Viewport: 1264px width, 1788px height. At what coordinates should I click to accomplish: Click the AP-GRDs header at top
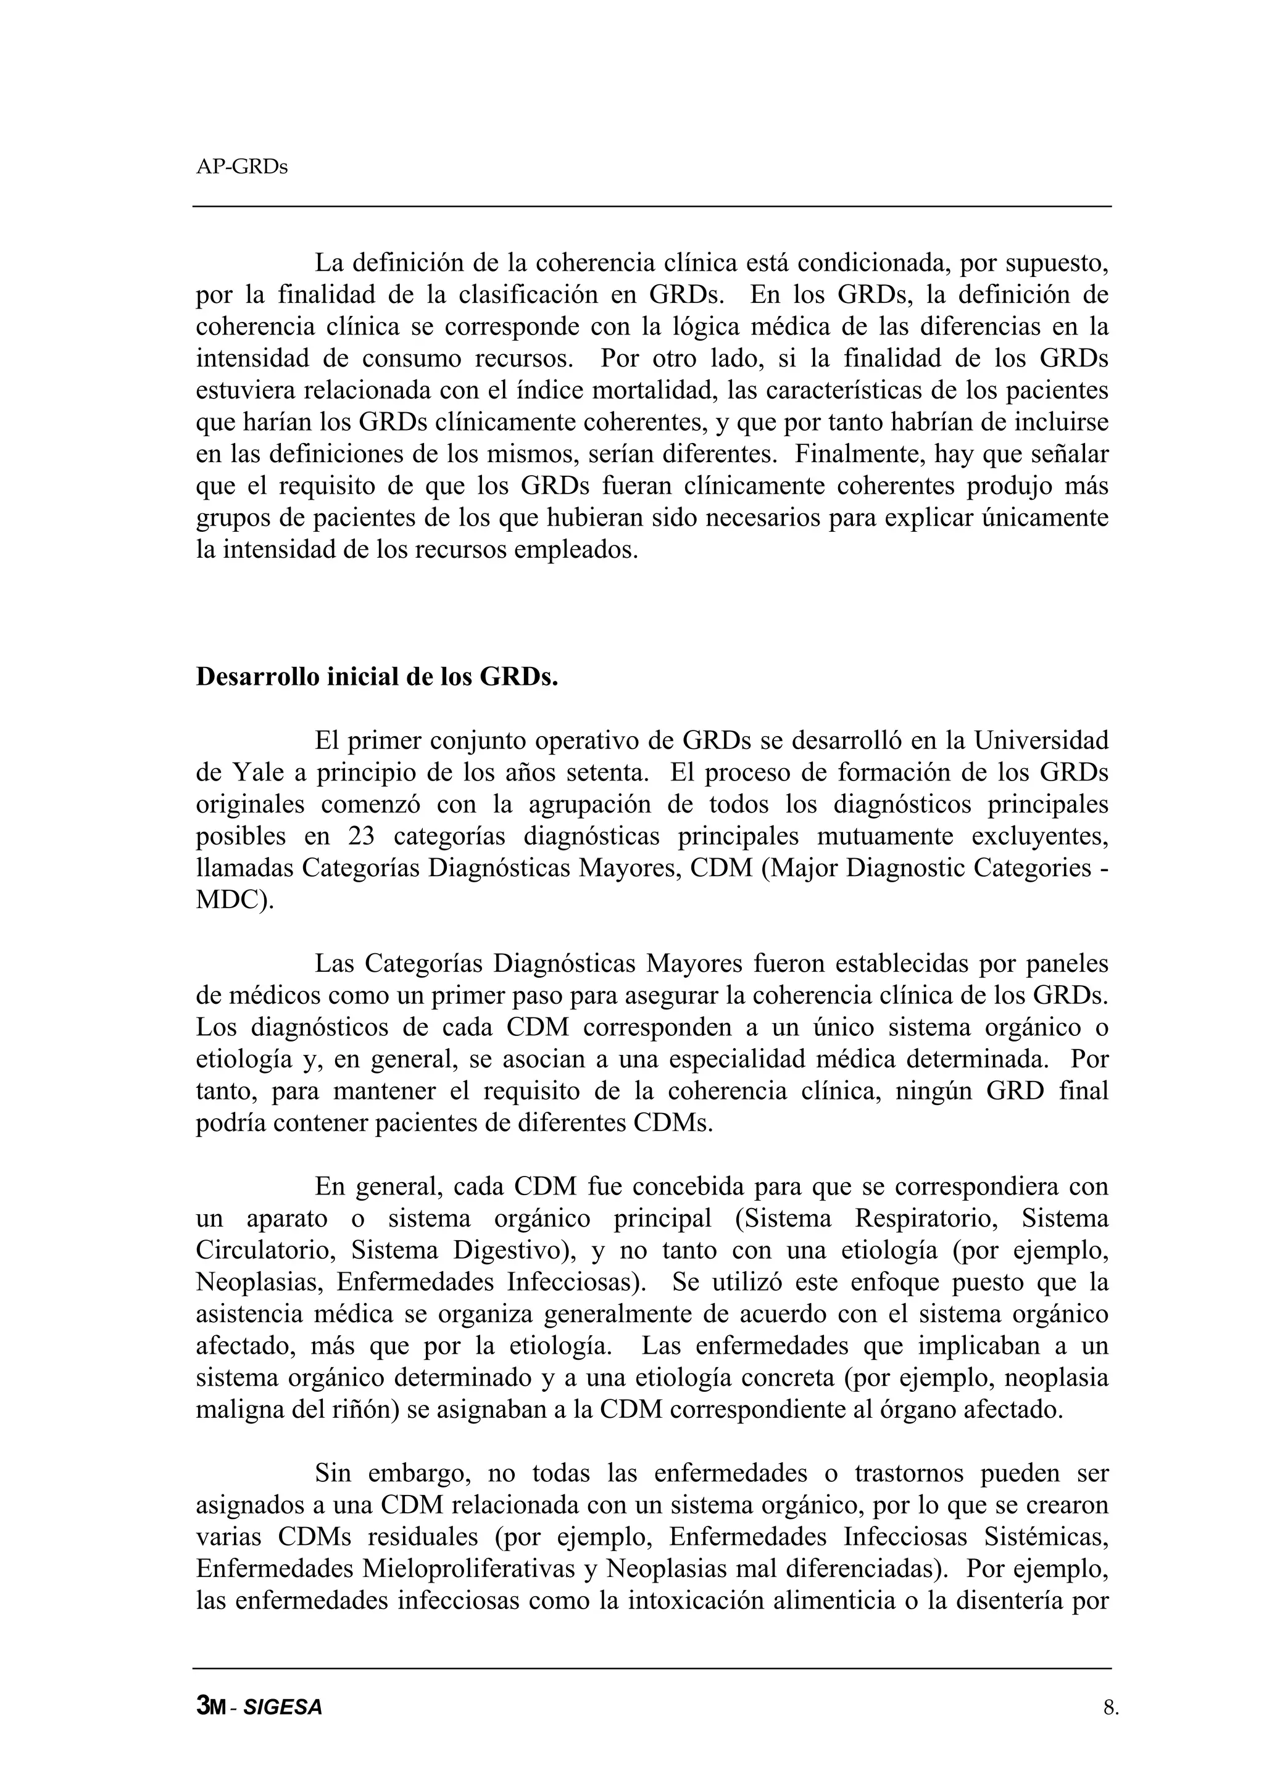[241, 167]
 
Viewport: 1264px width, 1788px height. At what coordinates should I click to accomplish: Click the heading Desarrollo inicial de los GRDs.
[377, 677]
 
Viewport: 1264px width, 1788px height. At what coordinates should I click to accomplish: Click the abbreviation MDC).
[235, 900]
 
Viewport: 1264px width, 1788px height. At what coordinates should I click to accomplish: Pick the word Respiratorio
[926, 1219]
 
